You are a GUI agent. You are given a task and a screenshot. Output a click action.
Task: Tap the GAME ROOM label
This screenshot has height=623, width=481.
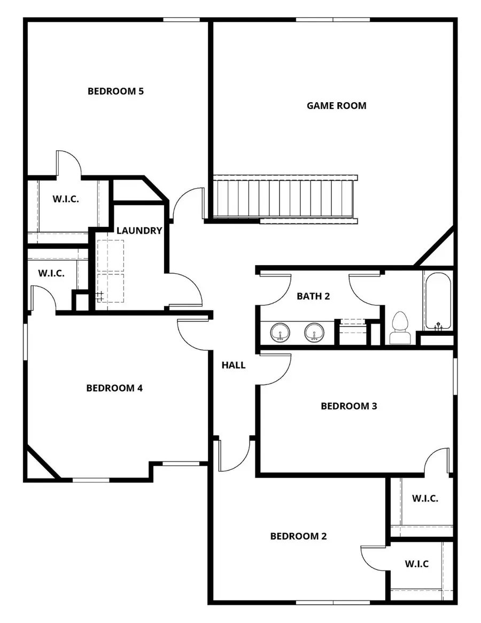click(x=336, y=106)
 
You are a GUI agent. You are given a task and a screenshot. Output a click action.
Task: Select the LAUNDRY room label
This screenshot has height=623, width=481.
click(x=139, y=231)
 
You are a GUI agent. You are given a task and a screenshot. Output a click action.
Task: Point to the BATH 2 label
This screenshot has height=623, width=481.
click(x=313, y=296)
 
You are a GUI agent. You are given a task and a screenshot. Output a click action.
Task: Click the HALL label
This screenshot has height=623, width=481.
click(x=234, y=365)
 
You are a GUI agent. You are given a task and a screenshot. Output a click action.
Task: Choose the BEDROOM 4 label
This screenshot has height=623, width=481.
click(x=114, y=388)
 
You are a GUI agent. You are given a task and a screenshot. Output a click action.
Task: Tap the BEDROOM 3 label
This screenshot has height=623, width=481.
click(x=348, y=406)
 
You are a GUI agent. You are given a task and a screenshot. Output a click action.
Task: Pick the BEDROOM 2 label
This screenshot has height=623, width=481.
click(x=298, y=536)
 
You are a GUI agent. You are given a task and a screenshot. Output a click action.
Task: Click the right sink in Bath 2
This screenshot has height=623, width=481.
click(x=314, y=333)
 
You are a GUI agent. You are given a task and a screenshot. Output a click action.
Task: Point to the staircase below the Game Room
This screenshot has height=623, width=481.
click(x=283, y=198)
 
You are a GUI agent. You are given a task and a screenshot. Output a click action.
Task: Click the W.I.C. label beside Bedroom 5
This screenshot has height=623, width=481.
click(x=66, y=199)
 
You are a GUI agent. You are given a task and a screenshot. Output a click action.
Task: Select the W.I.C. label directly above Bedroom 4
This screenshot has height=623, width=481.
click(x=51, y=273)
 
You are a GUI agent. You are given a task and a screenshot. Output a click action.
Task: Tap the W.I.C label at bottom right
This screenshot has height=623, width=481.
click(x=417, y=564)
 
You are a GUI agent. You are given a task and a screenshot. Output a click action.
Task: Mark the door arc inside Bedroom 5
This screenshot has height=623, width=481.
click(x=68, y=163)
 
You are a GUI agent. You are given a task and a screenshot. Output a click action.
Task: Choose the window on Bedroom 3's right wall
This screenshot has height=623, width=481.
click(x=455, y=376)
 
